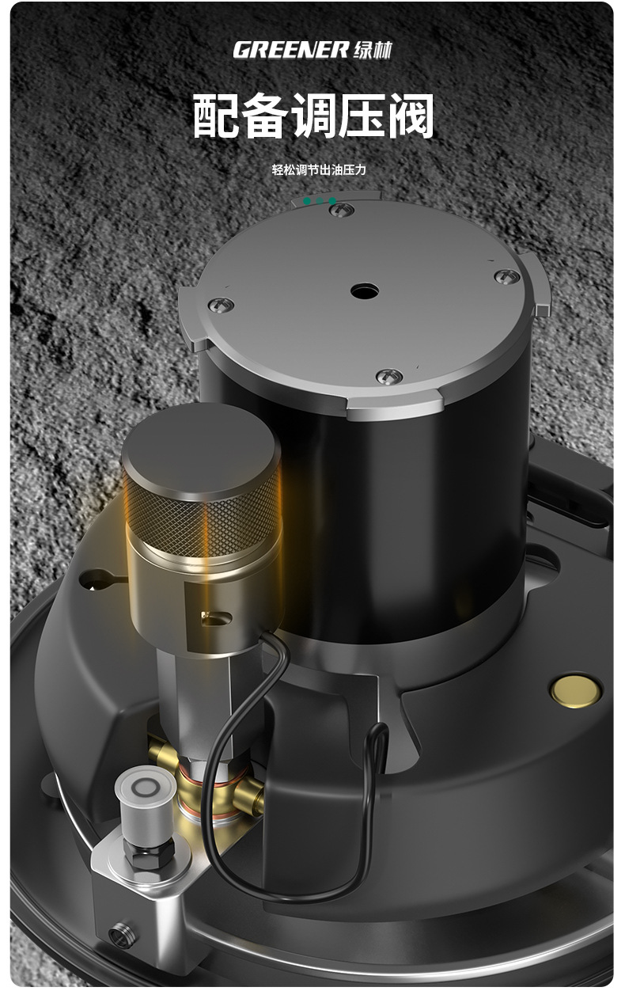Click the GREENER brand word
coord(291,50)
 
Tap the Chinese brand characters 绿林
coord(373,51)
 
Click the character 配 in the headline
coord(215,116)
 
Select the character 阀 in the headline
coord(411,116)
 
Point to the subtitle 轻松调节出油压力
coord(319,169)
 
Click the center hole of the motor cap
coord(365,291)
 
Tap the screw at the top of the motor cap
coord(343,210)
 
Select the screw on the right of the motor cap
coord(507,276)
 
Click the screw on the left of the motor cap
coord(221,305)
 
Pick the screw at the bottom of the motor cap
coord(389,377)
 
